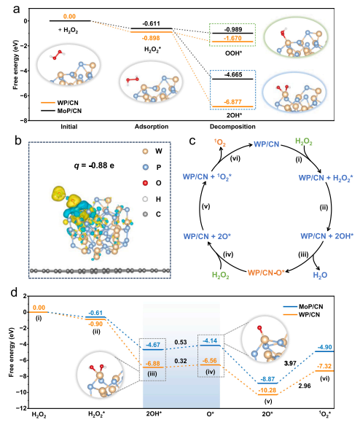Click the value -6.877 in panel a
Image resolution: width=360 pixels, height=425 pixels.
click(x=233, y=102)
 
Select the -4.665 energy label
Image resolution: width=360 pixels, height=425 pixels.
click(x=233, y=74)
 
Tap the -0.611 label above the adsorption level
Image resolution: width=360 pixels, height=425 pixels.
click(x=151, y=23)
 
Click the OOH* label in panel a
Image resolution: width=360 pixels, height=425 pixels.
click(x=233, y=53)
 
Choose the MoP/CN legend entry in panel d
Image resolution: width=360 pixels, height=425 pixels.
click(x=303, y=307)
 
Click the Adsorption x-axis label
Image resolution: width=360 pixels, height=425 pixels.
click(x=152, y=127)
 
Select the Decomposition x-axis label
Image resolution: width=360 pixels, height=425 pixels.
click(x=232, y=127)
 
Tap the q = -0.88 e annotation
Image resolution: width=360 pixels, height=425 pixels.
click(x=94, y=165)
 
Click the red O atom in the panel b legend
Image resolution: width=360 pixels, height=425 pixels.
click(x=145, y=183)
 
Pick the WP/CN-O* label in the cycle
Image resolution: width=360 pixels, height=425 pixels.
click(x=266, y=273)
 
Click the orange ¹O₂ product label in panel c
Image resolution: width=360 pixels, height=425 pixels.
click(x=220, y=143)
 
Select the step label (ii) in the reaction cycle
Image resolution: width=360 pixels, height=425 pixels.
click(x=324, y=208)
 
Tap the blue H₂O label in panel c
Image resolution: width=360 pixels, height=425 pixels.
click(x=320, y=275)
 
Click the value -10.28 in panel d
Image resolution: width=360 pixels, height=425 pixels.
click(x=267, y=390)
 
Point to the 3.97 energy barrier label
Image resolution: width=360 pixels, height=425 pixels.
click(x=290, y=363)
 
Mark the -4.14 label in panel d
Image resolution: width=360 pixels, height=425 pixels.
click(x=210, y=340)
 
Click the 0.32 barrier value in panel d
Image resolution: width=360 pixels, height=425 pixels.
click(x=181, y=361)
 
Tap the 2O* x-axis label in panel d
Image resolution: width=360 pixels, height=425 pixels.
click(x=267, y=414)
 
